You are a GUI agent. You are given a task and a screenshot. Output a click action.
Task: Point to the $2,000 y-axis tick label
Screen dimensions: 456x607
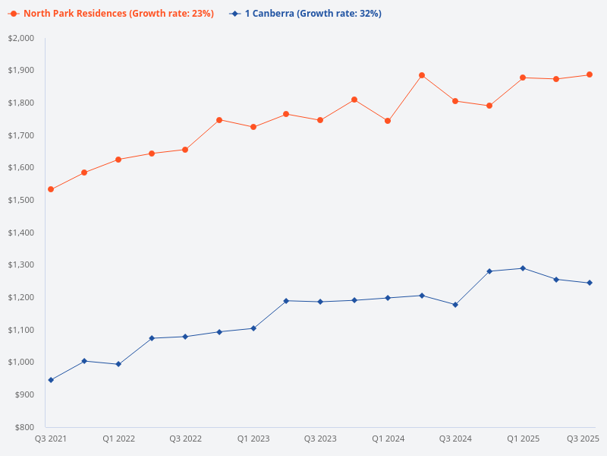tap(21, 38)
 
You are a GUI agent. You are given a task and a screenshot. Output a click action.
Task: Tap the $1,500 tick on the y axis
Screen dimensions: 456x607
tap(21, 200)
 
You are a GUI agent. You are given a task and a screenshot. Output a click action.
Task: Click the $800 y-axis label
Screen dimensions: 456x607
tap(25, 427)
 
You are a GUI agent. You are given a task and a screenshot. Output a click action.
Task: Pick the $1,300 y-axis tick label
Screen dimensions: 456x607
tap(21, 265)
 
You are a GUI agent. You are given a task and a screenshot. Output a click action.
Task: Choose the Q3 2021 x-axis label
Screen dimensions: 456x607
tap(51, 439)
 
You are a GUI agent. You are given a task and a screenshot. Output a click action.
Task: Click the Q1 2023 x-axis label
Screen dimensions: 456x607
tap(253, 439)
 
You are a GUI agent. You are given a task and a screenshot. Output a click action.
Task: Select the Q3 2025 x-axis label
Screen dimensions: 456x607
tap(583, 439)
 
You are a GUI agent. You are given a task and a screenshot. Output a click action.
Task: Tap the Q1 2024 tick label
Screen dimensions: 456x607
tap(388, 439)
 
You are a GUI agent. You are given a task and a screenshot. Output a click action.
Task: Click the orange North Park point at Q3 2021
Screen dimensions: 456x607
tap(51, 189)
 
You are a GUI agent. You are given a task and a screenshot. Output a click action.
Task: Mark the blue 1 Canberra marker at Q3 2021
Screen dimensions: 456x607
tap(51, 380)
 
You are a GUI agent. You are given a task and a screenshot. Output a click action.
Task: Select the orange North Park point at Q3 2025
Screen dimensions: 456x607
tap(590, 74)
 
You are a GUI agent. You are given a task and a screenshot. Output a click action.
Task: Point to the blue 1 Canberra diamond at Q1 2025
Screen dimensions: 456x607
tap(523, 268)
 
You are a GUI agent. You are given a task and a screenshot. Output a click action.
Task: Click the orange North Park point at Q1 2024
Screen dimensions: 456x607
tap(388, 121)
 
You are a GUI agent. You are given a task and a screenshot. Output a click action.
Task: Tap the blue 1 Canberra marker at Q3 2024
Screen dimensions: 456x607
tap(455, 305)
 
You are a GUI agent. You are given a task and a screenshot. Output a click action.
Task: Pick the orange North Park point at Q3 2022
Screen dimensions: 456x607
tap(185, 150)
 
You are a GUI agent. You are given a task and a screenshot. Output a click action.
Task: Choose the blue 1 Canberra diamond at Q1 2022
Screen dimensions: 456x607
tap(118, 364)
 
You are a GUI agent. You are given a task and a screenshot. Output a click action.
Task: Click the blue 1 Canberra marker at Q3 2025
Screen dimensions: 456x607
tap(590, 283)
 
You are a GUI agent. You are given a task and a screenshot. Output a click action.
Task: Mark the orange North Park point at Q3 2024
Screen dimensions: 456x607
tap(455, 101)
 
